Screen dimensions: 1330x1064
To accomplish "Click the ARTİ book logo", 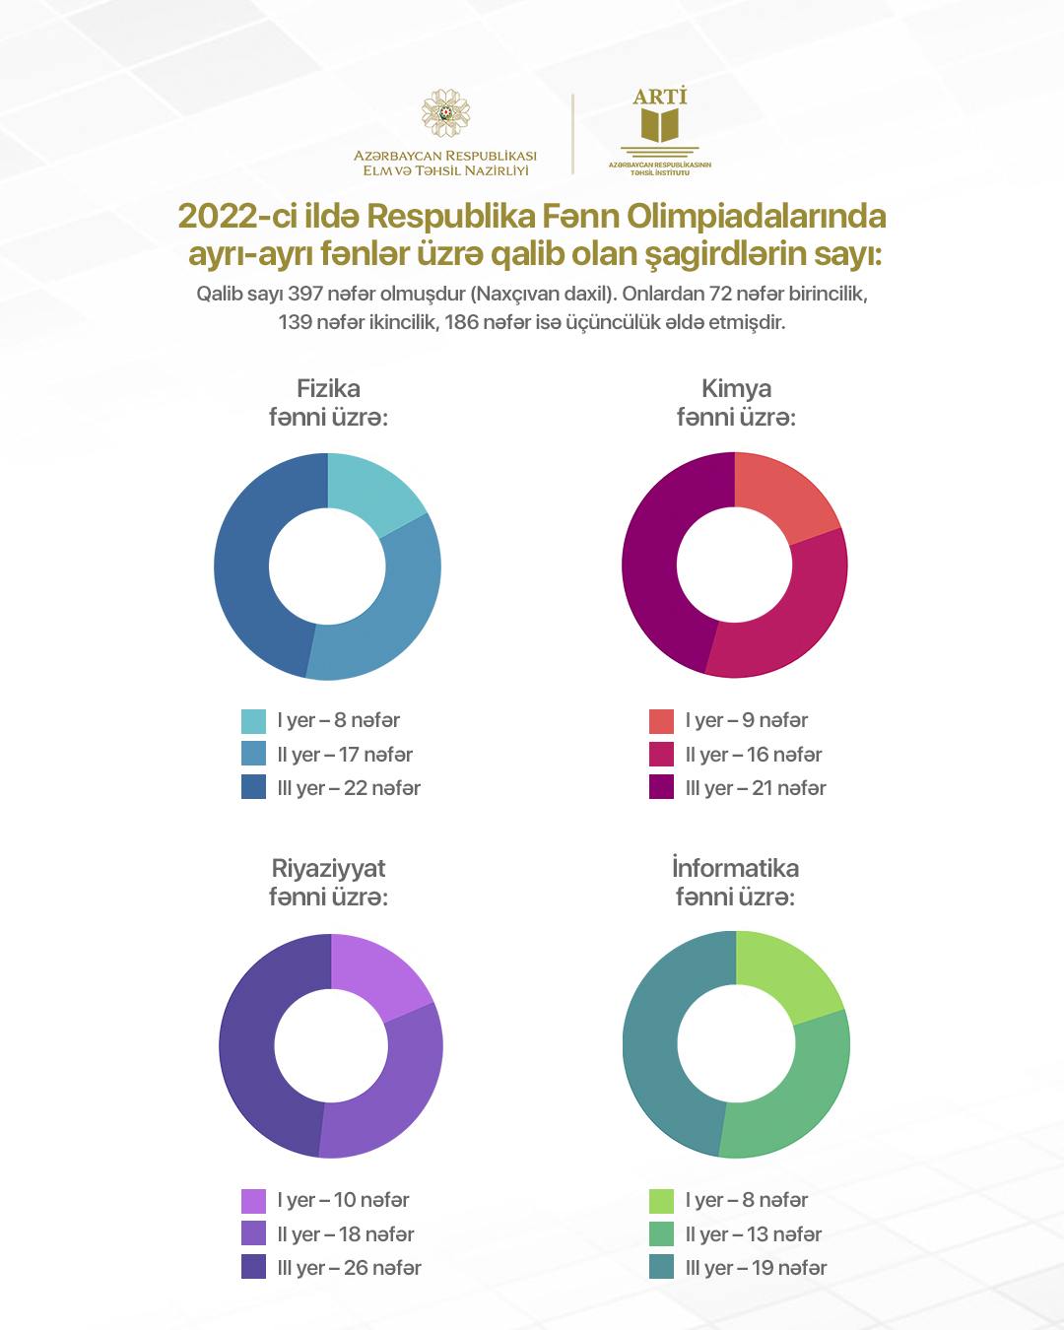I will point(659,125).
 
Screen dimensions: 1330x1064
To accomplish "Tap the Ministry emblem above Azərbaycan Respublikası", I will point(445,113).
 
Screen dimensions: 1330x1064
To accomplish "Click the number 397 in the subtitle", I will point(304,294).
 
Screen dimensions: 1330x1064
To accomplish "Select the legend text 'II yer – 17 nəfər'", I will point(345,755).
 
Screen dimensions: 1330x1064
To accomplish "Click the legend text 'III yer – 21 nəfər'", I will point(756,788).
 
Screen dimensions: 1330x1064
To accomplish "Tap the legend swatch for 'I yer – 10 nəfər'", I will point(253,1201).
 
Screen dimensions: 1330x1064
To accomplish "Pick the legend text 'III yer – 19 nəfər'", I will point(756,1268).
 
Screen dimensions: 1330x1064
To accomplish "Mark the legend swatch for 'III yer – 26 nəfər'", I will point(253,1267).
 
